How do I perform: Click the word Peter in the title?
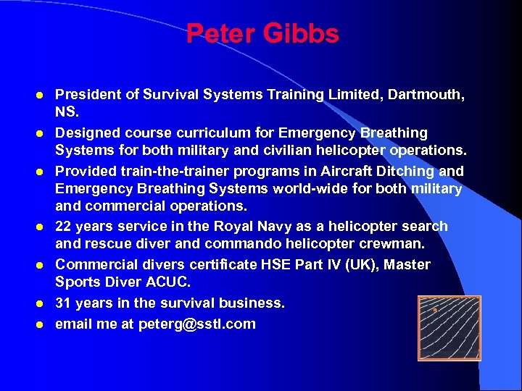pos(218,34)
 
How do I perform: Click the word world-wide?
pos(285,189)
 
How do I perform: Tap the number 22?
pos(65,227)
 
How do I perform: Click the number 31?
pos(65,303)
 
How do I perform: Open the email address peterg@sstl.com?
pos(197,324)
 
